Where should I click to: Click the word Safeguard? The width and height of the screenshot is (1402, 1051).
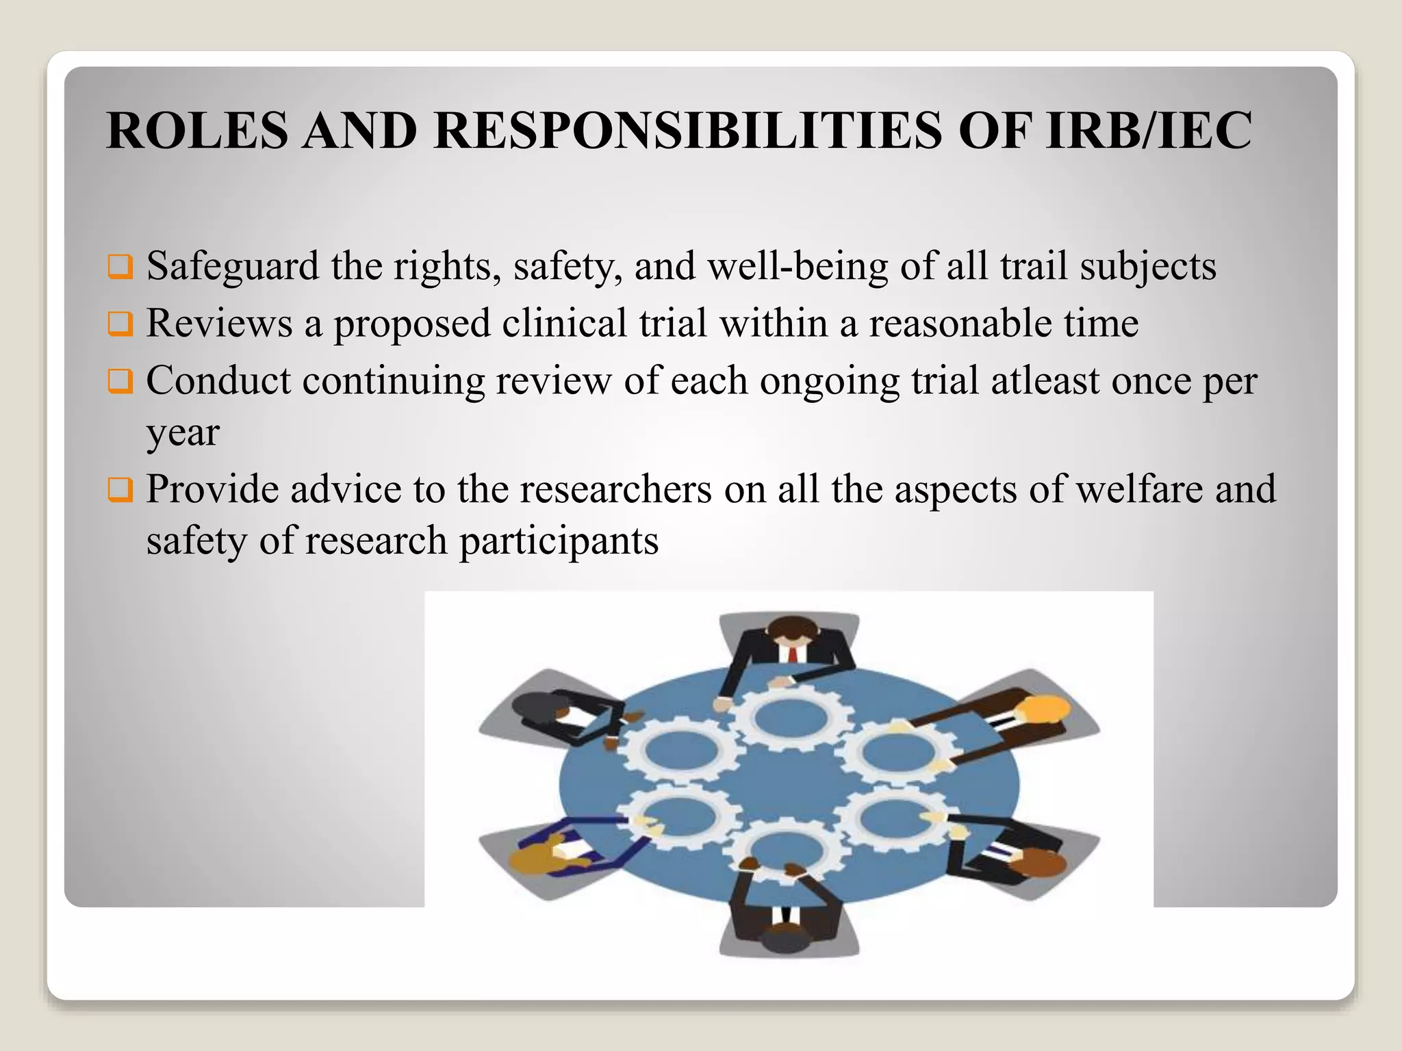[233, 266]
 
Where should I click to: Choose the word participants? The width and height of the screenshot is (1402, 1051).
[559, 541]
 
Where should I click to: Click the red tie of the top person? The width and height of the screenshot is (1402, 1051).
[793, 654]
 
